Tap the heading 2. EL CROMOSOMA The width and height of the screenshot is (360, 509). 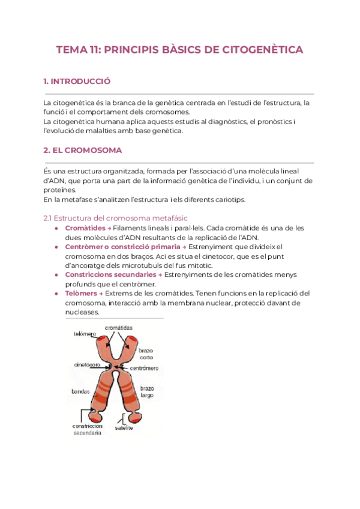(83, 150)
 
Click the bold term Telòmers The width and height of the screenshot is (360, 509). (81, 293)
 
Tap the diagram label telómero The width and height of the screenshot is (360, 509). (85, 334)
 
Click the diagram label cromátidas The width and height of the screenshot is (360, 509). (119, 328)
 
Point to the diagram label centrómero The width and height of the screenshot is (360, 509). (145, 366)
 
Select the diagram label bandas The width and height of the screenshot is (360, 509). (80, 391)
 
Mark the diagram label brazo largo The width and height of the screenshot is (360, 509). (147, 392)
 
